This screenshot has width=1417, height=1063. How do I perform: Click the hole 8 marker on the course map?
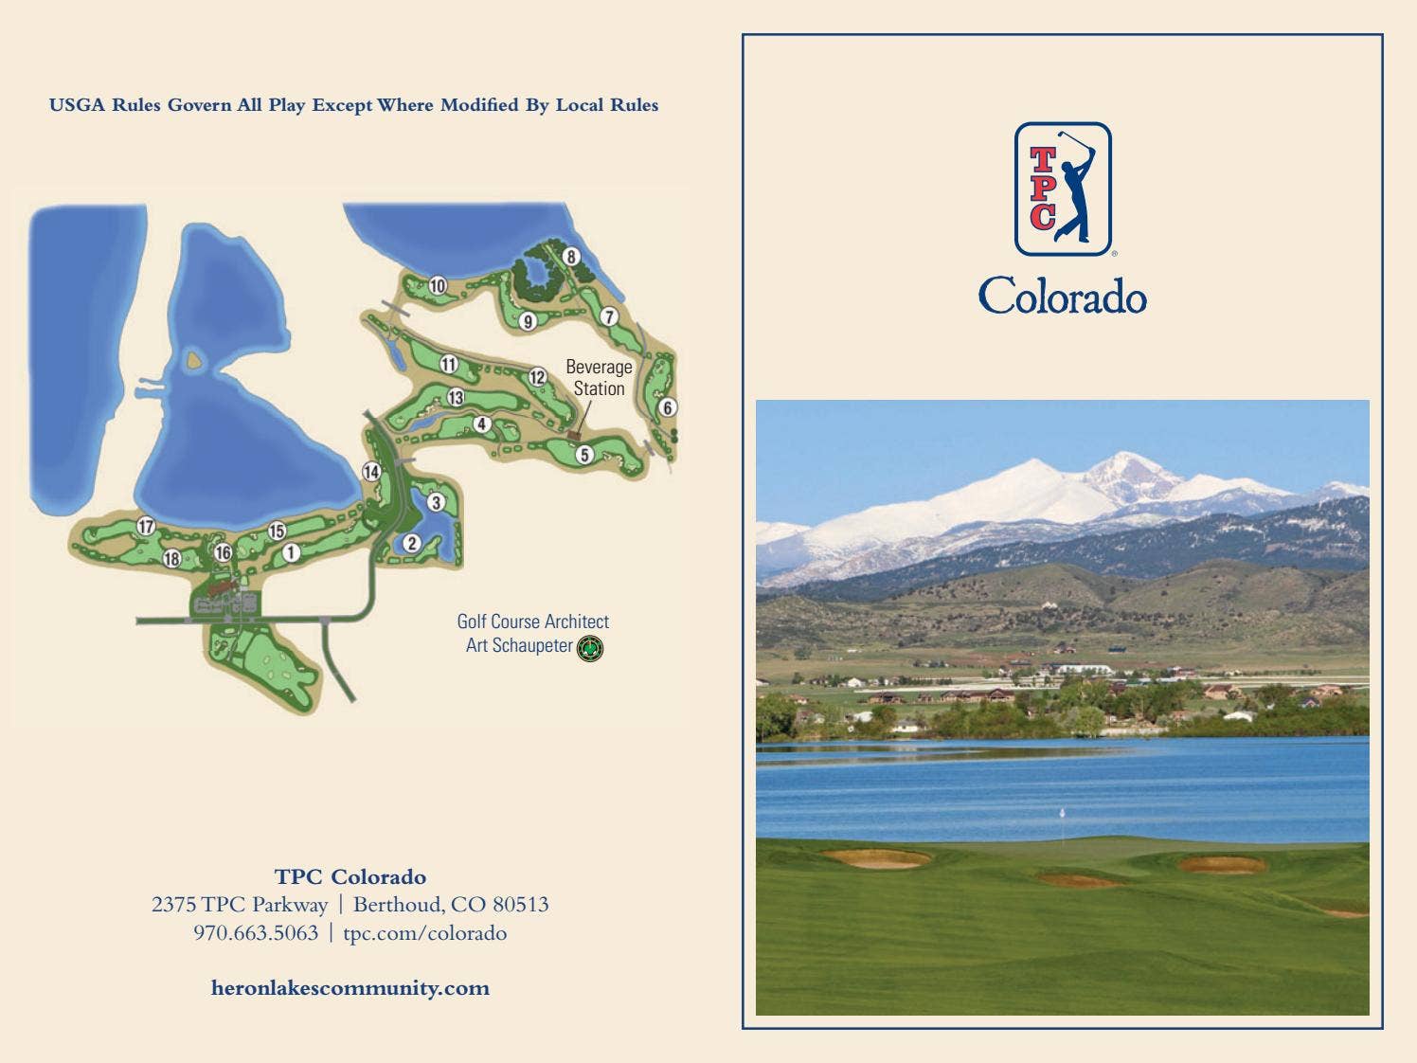[570, 257]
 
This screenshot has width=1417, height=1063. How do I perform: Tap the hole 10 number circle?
[438, 285]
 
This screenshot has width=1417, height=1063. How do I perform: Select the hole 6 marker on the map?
[668, 407]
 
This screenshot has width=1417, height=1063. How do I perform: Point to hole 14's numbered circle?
[371, 472]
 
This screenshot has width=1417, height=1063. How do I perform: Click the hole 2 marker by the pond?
[412, 543]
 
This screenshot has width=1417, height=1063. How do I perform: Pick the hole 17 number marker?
[146, 527]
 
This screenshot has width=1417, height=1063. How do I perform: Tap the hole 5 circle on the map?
[584, 455]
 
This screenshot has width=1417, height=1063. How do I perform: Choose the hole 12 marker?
[538, 377]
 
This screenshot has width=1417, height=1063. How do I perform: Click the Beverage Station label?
[599, 377]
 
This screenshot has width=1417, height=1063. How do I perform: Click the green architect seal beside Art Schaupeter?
[590, 648]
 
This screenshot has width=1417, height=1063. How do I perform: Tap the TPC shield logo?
[1063, 189]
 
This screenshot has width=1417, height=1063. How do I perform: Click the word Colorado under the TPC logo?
[1063, 297]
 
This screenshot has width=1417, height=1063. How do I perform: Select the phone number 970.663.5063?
[256, 933]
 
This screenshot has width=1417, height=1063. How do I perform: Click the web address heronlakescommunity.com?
[350, 988]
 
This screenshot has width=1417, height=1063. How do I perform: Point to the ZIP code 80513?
[520, 905]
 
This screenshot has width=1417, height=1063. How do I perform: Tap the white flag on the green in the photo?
[1063, 813]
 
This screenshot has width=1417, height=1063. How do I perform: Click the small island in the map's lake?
[194, 360]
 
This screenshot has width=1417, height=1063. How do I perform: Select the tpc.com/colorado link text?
[424, 933]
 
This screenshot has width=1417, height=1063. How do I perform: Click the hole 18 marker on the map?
[171, 558]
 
